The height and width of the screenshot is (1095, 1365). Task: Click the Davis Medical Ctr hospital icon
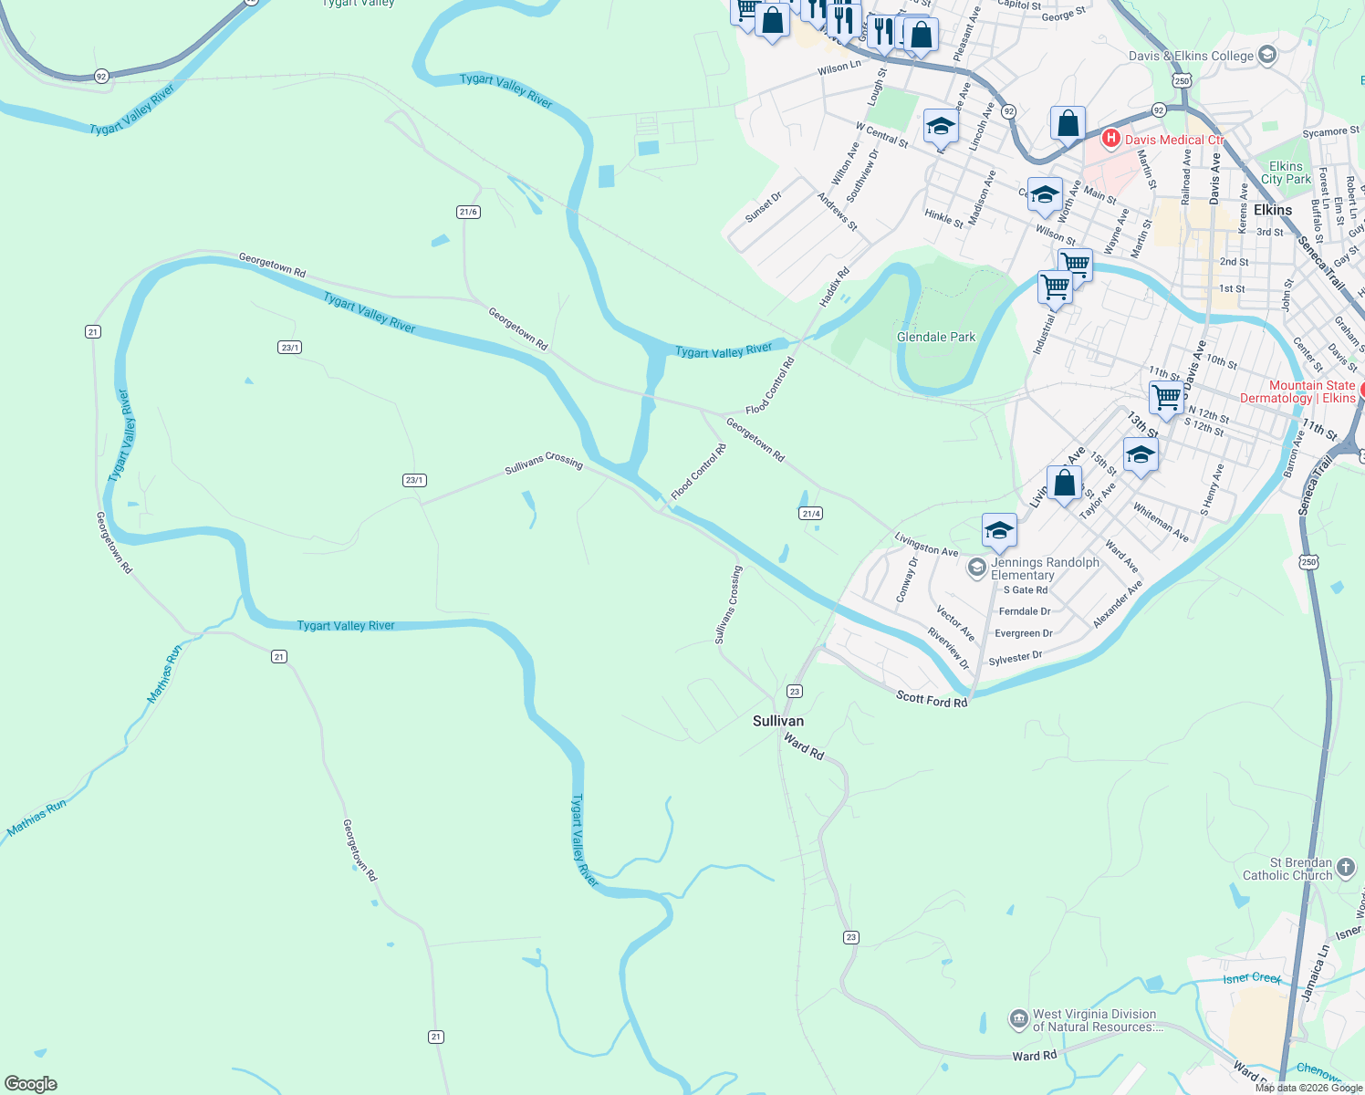point(1110,139)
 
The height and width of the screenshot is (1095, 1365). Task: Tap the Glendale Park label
point(935,337)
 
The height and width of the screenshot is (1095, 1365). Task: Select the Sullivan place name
point(778,721)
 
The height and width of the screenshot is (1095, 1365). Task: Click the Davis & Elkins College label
point(1191,56)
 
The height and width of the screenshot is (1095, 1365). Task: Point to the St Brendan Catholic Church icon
point(1346,863)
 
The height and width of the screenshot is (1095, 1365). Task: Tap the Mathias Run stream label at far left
point(36,818)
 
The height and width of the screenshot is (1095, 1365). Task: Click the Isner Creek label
point(1252,978)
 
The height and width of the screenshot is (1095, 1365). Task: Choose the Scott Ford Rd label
point(931,700)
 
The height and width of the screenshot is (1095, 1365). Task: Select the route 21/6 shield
point(468,212)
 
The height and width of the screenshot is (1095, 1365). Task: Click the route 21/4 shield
point(811,514)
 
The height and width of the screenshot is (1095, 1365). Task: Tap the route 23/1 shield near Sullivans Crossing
point(414,480)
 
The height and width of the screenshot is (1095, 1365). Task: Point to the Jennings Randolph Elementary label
point(1044,568)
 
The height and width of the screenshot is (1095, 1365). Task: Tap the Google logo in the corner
point(31,1083)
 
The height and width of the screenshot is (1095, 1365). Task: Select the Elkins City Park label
point(1286,172)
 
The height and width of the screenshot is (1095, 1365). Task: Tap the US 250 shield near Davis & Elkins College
point(1183,81)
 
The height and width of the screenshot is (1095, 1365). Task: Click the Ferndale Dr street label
point(1025,611)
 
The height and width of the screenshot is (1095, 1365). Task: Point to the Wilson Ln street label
point(839,68)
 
